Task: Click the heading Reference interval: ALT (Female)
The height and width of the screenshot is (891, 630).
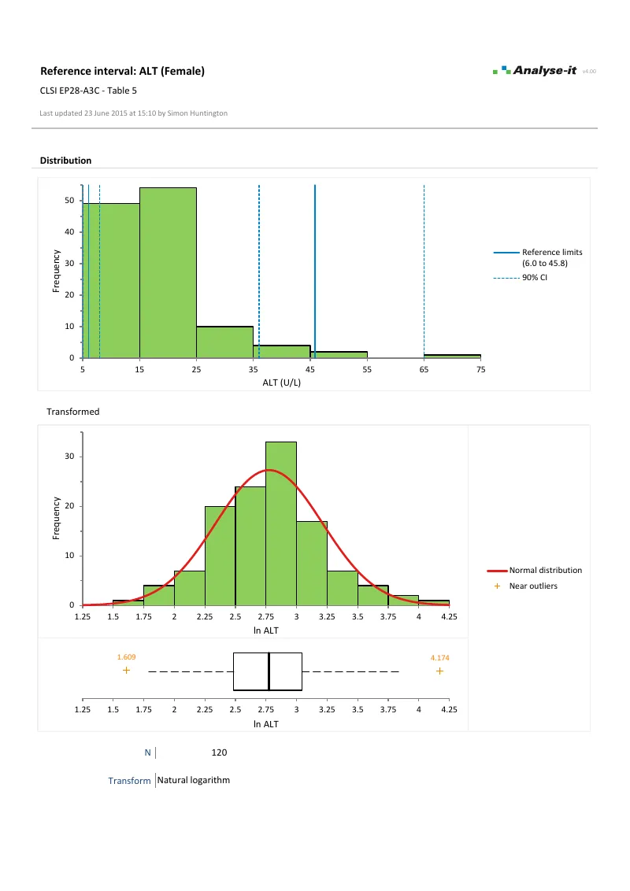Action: click(x=122, y=71)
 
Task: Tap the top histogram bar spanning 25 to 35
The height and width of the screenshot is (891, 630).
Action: click(x=224, y=342)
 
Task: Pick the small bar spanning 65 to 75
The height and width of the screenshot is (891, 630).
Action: click(x=452, y=356)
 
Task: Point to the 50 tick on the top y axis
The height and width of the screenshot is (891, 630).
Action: click(x=69, y=201)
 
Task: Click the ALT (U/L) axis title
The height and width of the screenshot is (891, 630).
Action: click(x=282, y=383)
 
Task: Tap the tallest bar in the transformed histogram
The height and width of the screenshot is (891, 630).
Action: click(x=281, y=523)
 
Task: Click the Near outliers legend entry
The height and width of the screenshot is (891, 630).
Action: click(x=533, y=586)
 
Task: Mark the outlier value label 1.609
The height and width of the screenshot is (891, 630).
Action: click(x=126, y=656)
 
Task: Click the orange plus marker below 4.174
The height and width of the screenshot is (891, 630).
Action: click(x=439, y=671)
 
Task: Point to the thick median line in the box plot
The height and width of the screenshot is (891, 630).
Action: click(x=269, y=671)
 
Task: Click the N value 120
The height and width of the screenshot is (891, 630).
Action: click(x=220, y=753)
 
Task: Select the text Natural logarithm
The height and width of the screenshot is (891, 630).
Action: click(x=194, y=780)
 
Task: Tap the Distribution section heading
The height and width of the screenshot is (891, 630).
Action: click(x=65, y=161)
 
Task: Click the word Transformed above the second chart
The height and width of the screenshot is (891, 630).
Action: click(x=72, y=411)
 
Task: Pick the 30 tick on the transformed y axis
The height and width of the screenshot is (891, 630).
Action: click(x=69, y=457)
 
